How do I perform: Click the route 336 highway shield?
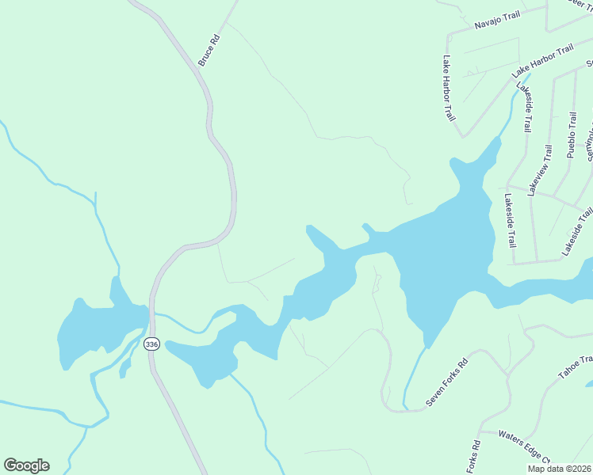point(151,344)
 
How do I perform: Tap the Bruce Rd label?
point(209,49)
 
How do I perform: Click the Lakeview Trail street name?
point(539,170)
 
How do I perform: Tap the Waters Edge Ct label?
point(524,445)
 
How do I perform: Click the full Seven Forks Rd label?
point(447,383)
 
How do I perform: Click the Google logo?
point(26,465)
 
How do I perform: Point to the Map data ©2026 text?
point(559,469)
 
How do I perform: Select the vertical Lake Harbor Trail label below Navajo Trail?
point(449,87)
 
